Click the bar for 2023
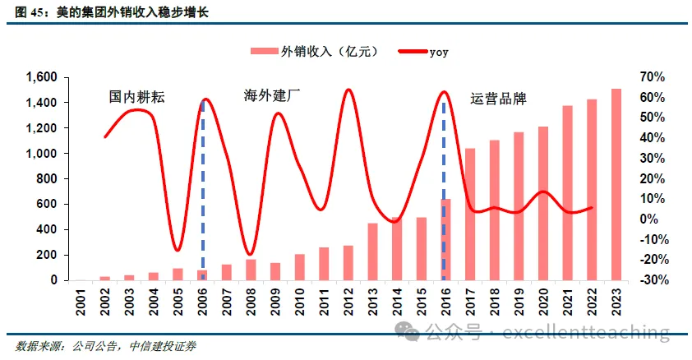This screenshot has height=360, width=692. (616, 185)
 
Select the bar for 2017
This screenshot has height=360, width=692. (470, 215)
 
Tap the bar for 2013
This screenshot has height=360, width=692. (372, 252)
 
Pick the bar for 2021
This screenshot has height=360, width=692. (567, 193)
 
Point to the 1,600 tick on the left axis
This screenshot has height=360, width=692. (40, 77)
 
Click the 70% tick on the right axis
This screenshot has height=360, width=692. (652, 77)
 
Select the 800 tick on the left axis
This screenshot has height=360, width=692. (46, 179)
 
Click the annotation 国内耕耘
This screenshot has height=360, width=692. (137, 97)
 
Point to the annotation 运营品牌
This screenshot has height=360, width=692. (498, 99)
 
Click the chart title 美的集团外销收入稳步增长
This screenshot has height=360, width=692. (131, 12)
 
